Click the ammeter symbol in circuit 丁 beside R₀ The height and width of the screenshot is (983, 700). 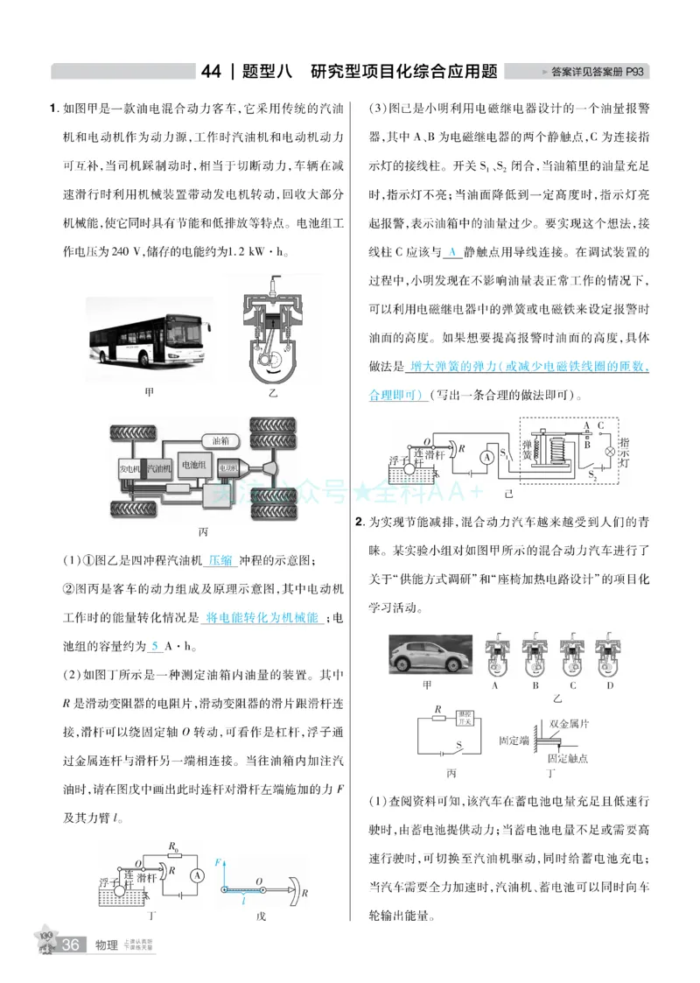[x=198, y=874]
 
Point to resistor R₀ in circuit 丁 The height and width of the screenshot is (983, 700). [x=173, y=855]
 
